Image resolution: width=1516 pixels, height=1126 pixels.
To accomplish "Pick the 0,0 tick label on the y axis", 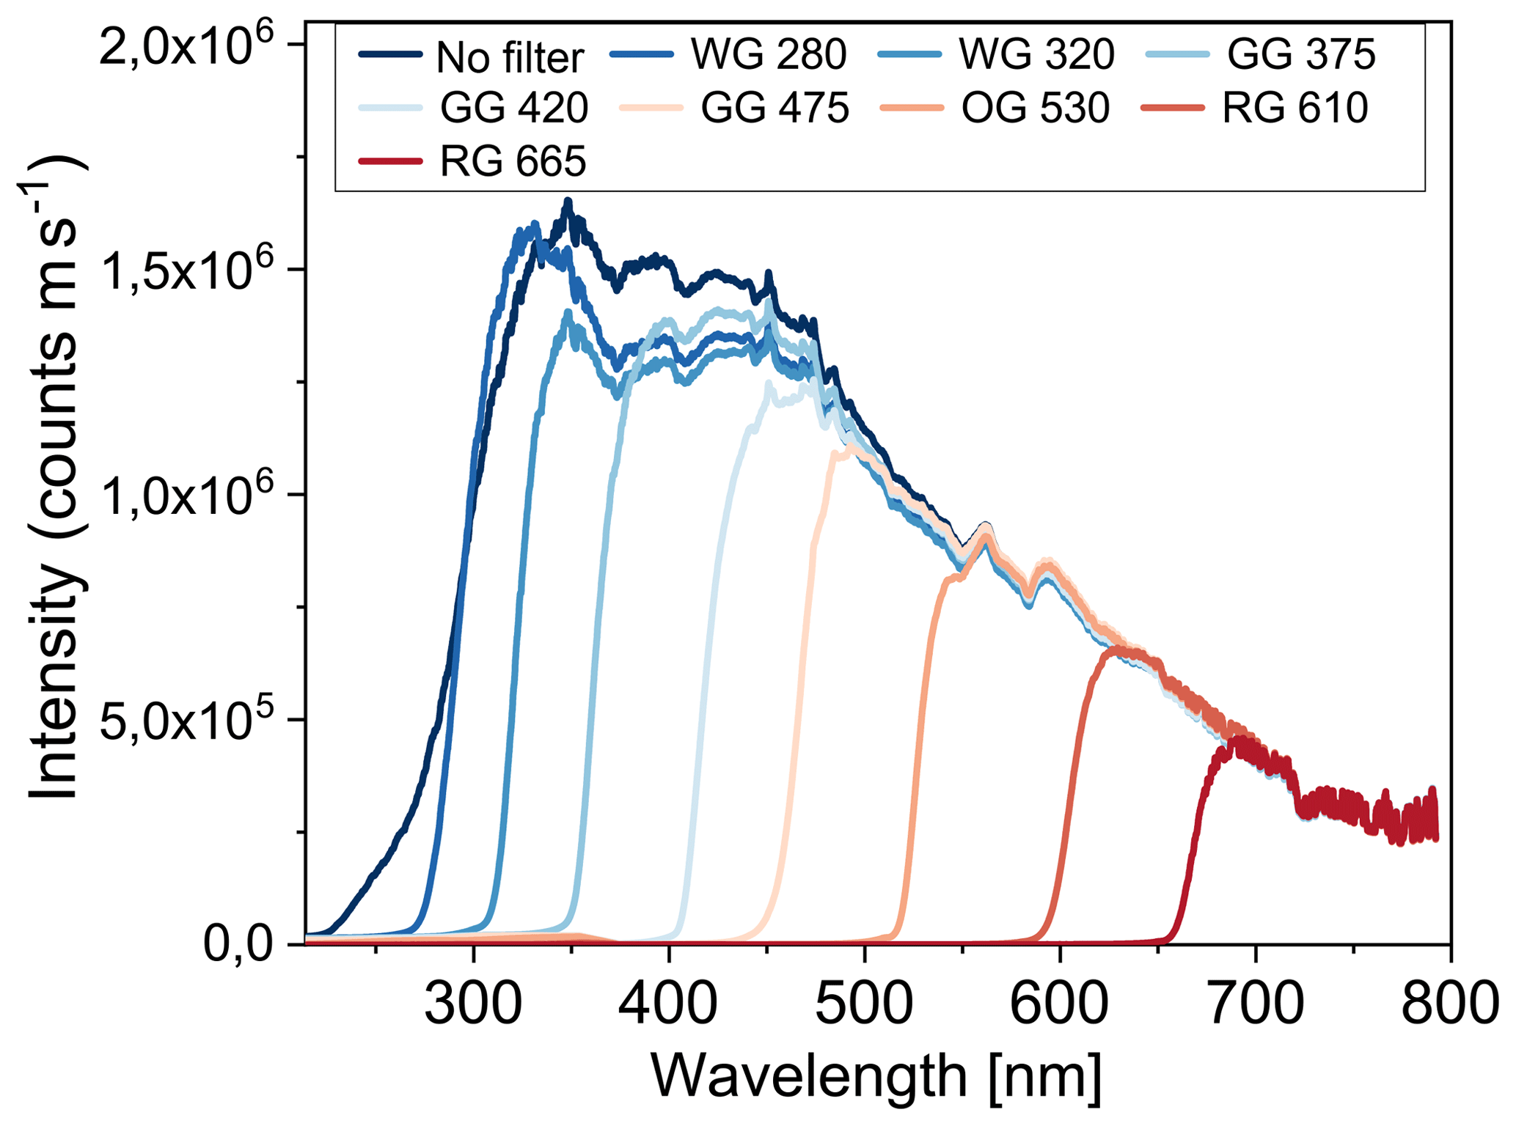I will (238, 945).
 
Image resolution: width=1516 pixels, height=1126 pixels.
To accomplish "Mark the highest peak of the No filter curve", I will (568, 201).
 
